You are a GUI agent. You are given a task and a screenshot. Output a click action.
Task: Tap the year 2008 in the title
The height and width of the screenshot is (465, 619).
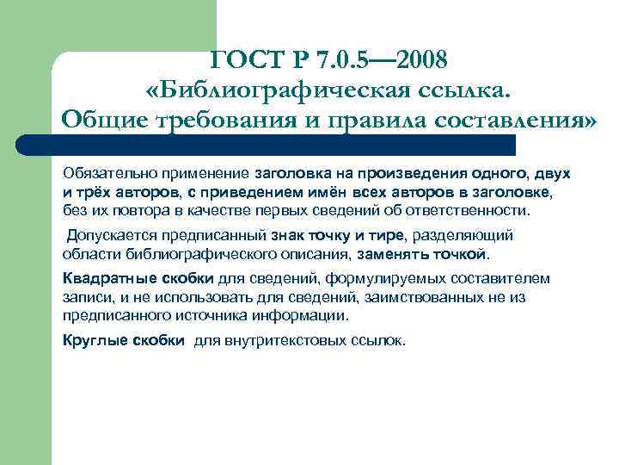416,60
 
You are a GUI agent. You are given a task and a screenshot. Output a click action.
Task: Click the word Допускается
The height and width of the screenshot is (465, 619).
110,234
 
